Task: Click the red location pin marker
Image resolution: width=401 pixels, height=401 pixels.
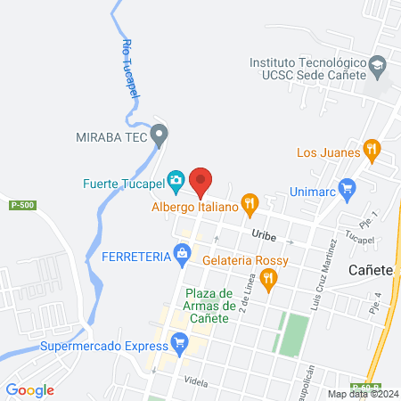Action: click(200, 183)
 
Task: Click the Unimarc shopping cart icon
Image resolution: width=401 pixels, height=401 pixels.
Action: click(348, 188)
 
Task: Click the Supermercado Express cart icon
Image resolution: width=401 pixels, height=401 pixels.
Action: click(180, 342)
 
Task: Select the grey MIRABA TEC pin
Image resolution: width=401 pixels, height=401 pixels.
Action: click(160, 135)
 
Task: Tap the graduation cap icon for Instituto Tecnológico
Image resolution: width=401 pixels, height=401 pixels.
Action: click(378, 66)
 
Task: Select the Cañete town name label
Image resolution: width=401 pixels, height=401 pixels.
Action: click(371, 269)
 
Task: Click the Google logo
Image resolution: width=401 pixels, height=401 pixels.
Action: click(30, 389)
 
